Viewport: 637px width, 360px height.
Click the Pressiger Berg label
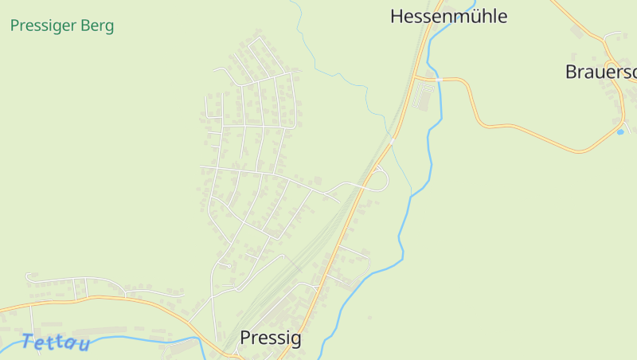(62, 25)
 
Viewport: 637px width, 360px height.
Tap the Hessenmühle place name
(448, 16)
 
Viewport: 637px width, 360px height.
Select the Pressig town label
(271, 338)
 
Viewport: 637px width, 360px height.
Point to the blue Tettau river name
(56, 343)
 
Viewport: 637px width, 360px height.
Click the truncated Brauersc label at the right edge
(600, 72)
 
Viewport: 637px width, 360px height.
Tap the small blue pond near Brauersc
(620, 131)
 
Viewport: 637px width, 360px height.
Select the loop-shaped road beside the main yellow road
(381, 178)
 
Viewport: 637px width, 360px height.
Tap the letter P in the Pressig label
(245, 338)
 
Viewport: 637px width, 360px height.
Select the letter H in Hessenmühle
(397, 16)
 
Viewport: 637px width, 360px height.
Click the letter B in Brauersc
(571, 72)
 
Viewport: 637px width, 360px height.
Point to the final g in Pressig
(296, 340)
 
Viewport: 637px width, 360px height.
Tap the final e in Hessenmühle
(502, 16)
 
